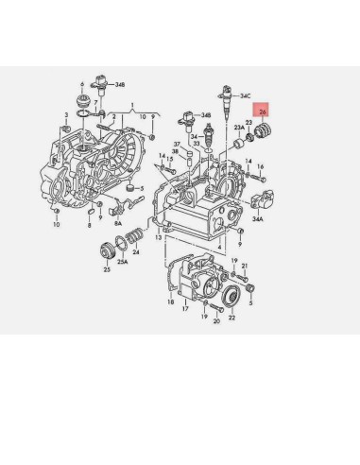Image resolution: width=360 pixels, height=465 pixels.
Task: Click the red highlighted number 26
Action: tap(262, 112)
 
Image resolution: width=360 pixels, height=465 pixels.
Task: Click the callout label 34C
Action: tap(245, 95)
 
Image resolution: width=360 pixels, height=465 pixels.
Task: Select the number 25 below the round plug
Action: tap(108, 270)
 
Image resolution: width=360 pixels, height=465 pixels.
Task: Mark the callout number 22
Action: tap(232, 318)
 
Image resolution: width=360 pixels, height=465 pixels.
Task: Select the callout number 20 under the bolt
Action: tap(216, 321)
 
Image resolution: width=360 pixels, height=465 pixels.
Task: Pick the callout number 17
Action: tap(186, 309)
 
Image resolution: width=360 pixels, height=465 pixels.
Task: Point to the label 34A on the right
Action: tap(258, 217)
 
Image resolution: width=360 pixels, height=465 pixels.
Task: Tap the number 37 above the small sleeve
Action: tap(176, 144)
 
